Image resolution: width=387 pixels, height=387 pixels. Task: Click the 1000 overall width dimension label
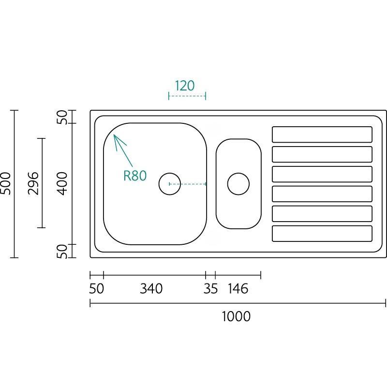tap(236, 316)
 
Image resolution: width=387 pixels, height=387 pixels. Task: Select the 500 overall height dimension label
tap(6, 183)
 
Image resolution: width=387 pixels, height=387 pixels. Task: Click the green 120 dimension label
tap(185, 86)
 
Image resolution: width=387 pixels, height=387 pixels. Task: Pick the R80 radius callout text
tap(134, 176)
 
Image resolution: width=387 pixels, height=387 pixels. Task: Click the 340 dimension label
tap(151, 289)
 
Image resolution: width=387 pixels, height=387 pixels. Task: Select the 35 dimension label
tap(210, 289)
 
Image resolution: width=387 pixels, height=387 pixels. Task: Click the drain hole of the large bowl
tap(170, 184)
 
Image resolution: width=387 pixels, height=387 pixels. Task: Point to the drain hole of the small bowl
tap(238, 184)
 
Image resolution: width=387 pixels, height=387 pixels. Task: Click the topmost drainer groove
tap(322, 134)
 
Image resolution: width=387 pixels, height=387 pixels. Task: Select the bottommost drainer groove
tap(322, 234)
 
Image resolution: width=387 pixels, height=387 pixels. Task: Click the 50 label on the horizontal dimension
tap(97, 289)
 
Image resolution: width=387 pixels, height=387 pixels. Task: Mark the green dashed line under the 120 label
tap(187, 96)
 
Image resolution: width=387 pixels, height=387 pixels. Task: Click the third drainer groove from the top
tap(322, 174)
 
